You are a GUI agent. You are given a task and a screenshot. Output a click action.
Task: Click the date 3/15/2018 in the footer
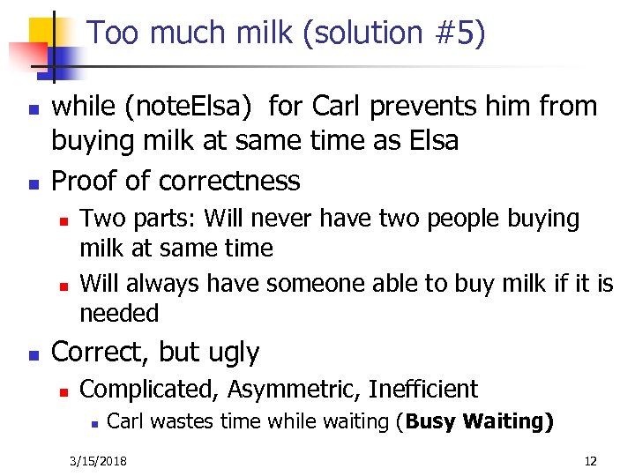coord(98,461)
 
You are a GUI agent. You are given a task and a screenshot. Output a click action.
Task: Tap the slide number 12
coord(591,461)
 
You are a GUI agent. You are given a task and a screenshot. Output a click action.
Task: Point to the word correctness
coord(228,181)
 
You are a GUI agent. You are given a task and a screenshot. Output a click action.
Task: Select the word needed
coord(119,313)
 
